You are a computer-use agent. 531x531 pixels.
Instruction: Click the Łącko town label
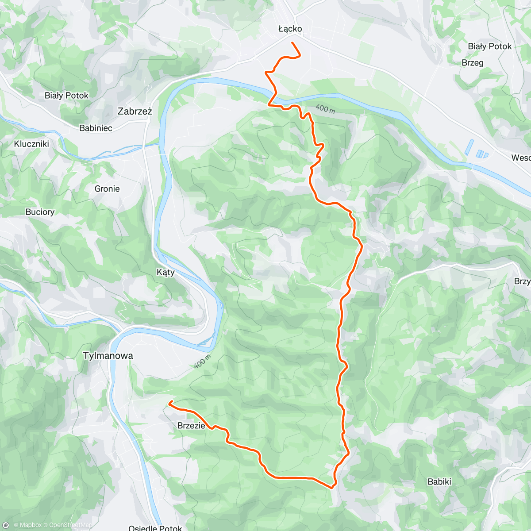click(x=290, y=29)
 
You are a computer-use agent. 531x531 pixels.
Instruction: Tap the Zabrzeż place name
click(x=135, y=111)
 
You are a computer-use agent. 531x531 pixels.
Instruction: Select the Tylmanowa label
click(x=108, y=355)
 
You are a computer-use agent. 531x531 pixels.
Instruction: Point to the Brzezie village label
click(x=191, y=426)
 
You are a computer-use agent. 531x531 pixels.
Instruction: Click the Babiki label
click(x=439, y=481)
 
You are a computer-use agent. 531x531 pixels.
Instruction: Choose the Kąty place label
click(x=165, y=272)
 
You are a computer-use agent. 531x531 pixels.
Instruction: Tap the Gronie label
click(x=107, y=189)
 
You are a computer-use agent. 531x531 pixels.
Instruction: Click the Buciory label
click(x=40, y=212)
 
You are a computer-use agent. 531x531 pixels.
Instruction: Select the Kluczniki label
click(x=31, y=144)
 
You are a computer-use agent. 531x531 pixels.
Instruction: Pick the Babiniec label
click(x=96, y=128)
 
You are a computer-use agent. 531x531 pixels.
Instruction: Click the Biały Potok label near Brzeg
click(x=489, y=46)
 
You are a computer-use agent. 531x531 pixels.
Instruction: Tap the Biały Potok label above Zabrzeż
click(x=66, y=96)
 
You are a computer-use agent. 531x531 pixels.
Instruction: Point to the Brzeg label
click(x=472, y=63)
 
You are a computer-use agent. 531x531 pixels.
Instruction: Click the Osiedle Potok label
click(x=155, y=527)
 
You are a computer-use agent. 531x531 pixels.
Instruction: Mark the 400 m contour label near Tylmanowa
click(x=202, y=362)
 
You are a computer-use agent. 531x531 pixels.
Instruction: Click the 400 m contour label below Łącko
click(x=325, y=109)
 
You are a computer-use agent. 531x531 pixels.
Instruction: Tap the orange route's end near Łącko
click(x=292, y=42)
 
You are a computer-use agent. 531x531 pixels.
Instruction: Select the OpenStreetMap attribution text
click(x=71, y=525)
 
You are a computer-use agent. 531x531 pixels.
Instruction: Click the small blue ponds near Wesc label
click(x=476, y=150)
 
